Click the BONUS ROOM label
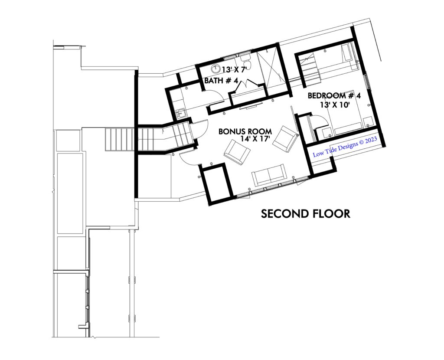(245, 131)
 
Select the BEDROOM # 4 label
(334, 96)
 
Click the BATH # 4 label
(221, 81)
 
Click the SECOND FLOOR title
(306, 213)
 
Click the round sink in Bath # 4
(216, 68)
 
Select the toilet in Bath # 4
(244, 60)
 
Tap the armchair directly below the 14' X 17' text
(237, 152)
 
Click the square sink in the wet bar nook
(180, 114)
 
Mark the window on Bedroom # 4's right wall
(367, 83)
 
